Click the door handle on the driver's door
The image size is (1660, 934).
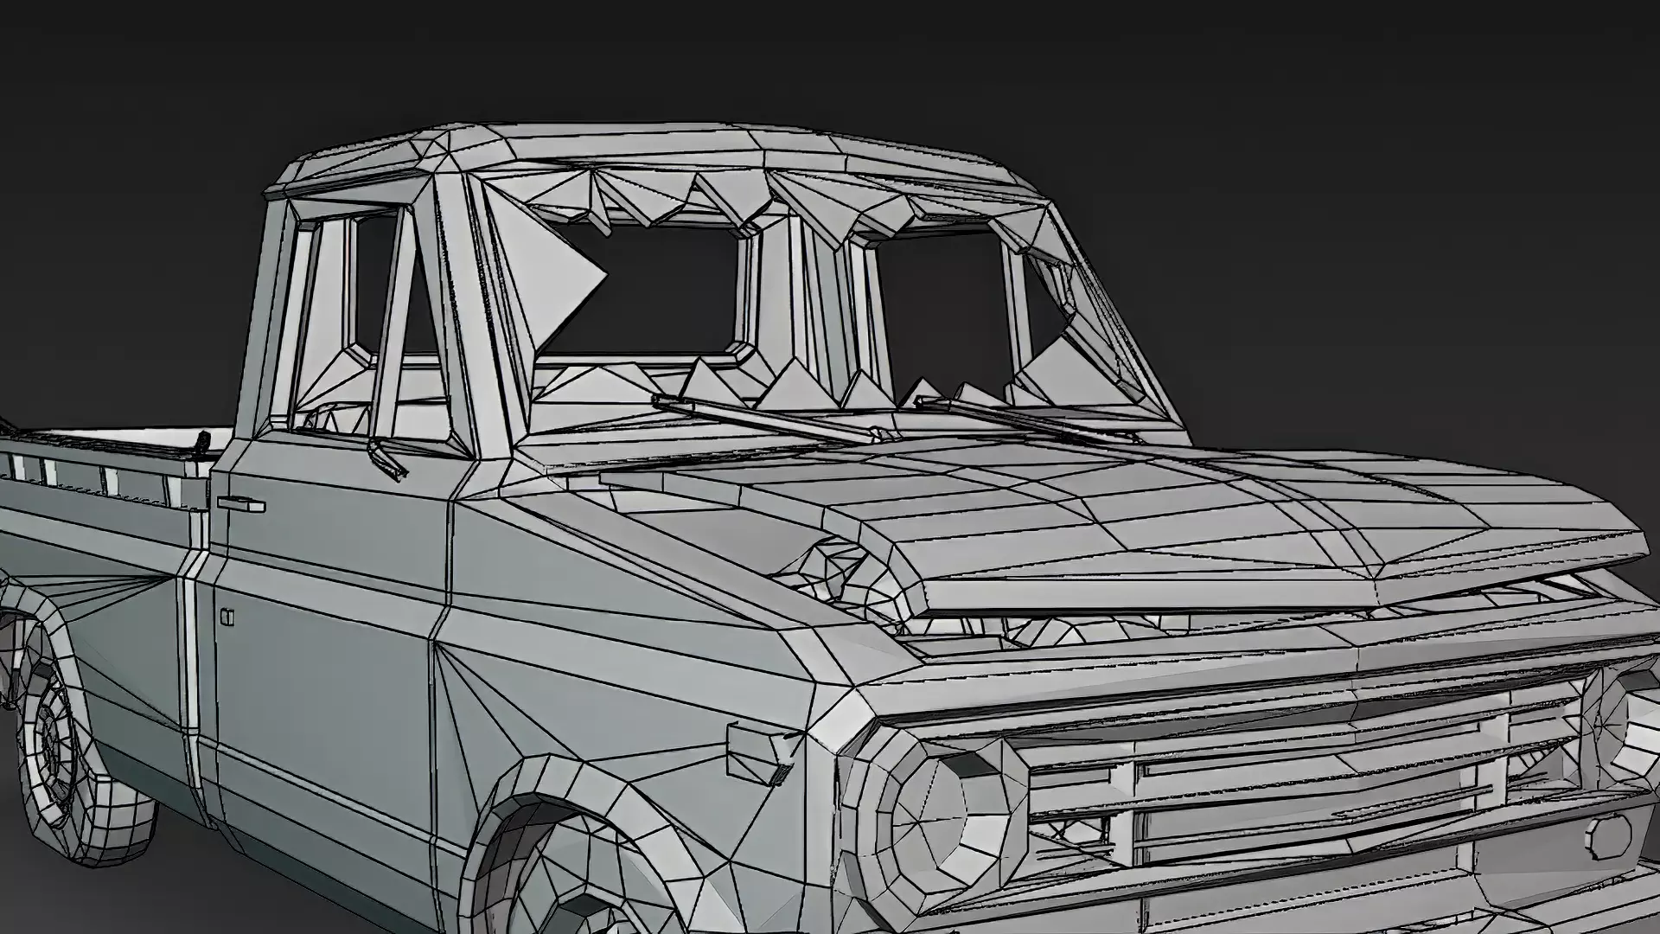coord(241,502)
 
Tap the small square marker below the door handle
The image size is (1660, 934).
coord(227,617)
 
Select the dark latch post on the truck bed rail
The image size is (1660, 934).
coord(201,443)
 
